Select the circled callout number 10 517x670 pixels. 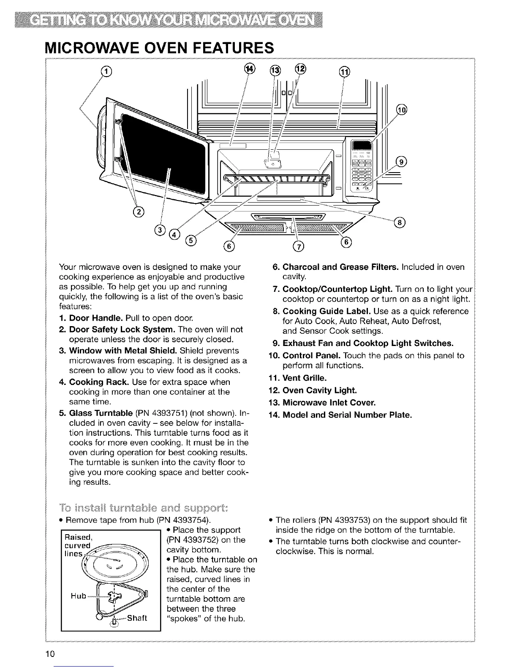[402, 111]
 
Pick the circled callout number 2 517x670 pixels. [138, 212]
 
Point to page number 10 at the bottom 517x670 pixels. [52, 654]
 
